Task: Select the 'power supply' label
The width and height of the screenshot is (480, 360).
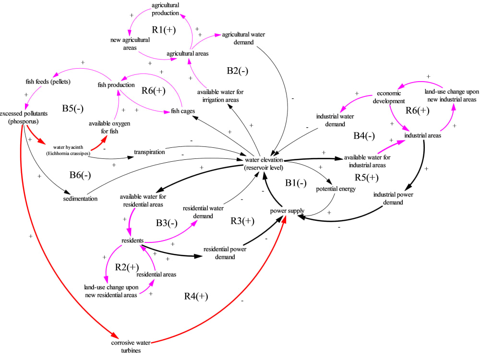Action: (x=287, y=211)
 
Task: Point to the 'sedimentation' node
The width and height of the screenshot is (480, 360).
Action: (x=80, y=198)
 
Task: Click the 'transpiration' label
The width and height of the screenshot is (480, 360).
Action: (x=149, y=152)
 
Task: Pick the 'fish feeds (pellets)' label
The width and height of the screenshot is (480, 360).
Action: (x=48, y=81)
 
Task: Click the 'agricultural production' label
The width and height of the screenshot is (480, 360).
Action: (x=166, y=9)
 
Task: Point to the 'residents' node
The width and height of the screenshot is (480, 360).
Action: (x=132, y=240)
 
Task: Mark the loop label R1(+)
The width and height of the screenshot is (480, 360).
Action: (x=164, y=30)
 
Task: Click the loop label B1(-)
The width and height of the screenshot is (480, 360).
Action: (x=296, y=183)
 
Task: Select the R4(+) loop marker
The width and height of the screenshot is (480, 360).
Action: (x=196, y=296)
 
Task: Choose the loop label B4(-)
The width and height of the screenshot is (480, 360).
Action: (x=363, y=136)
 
